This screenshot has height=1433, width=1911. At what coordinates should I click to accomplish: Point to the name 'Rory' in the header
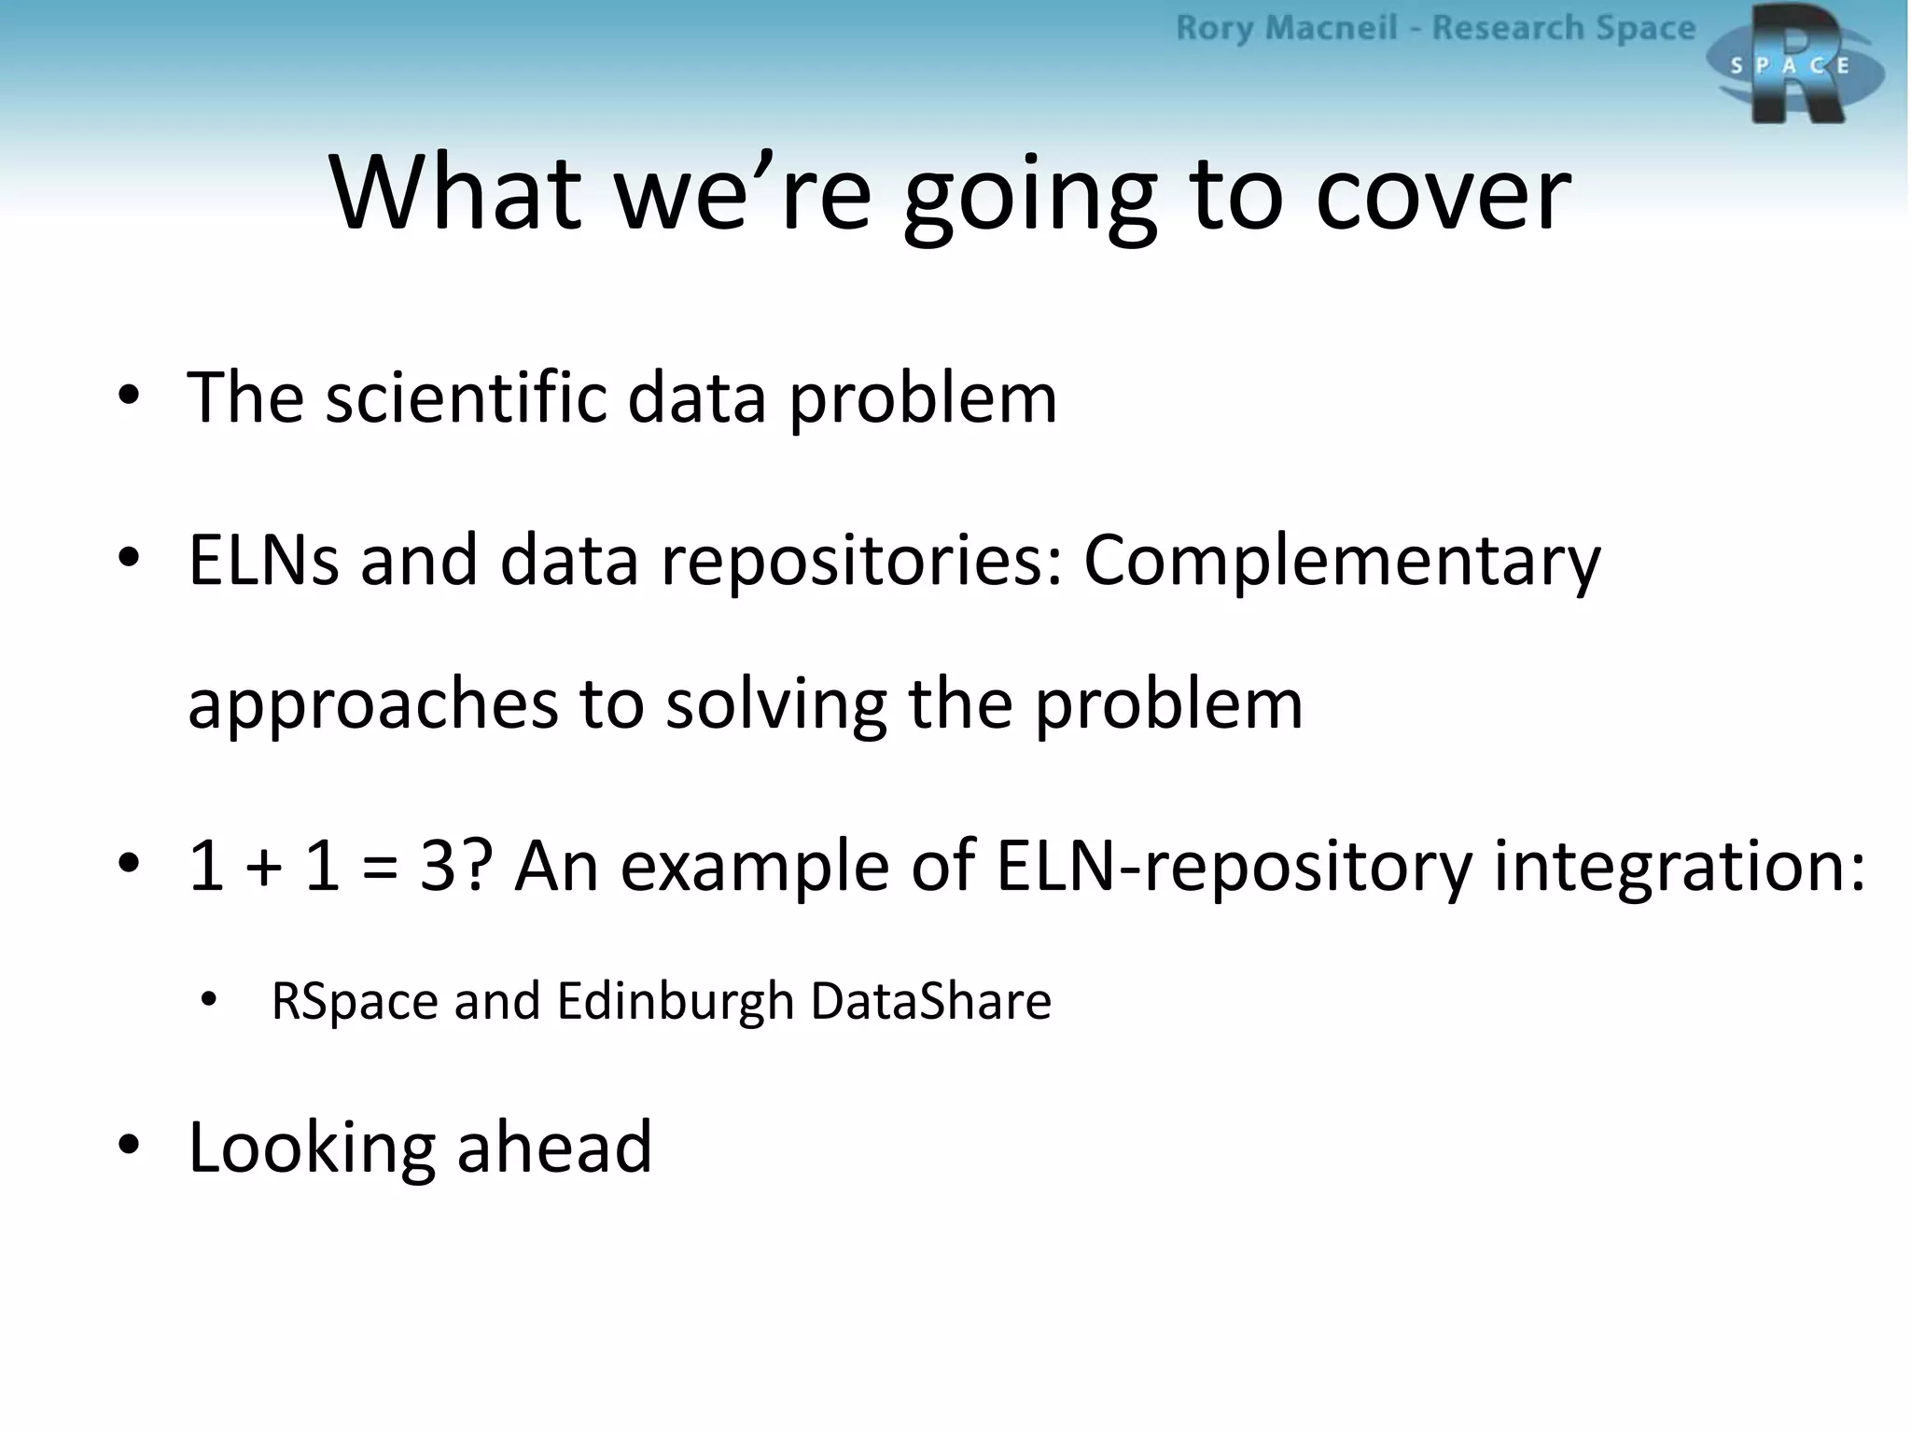[1213, 28]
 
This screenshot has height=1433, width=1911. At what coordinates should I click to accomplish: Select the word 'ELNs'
[263, 560]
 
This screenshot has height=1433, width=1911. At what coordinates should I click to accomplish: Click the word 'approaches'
[372, 706]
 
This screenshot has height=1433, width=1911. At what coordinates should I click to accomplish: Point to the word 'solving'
[775, 706]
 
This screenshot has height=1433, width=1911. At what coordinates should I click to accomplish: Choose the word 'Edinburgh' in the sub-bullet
[675, 1001]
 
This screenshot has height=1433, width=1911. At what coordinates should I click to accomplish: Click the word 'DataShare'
[930, 1001]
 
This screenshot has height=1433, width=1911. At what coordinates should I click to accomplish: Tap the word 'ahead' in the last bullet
[554, 1147]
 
